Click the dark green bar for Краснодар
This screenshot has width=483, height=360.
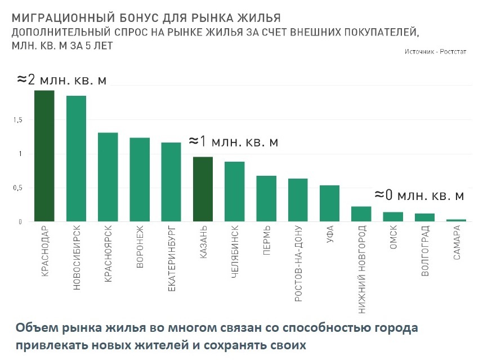point(44,156)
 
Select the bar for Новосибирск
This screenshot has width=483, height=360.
point(76,159)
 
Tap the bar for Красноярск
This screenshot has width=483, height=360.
point(108,177)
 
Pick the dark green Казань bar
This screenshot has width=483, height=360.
point(203,189)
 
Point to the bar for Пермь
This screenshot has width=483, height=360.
point(266,199)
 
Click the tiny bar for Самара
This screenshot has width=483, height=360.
point(457,220)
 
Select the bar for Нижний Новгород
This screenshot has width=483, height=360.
point(361,214)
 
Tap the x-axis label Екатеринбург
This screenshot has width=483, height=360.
point(171,259)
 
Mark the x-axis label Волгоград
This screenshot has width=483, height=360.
point(425,251)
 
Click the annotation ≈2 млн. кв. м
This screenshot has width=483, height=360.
point(61,79)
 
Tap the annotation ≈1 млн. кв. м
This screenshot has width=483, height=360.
point(233,141)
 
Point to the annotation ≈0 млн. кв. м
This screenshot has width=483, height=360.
point(419,195)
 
